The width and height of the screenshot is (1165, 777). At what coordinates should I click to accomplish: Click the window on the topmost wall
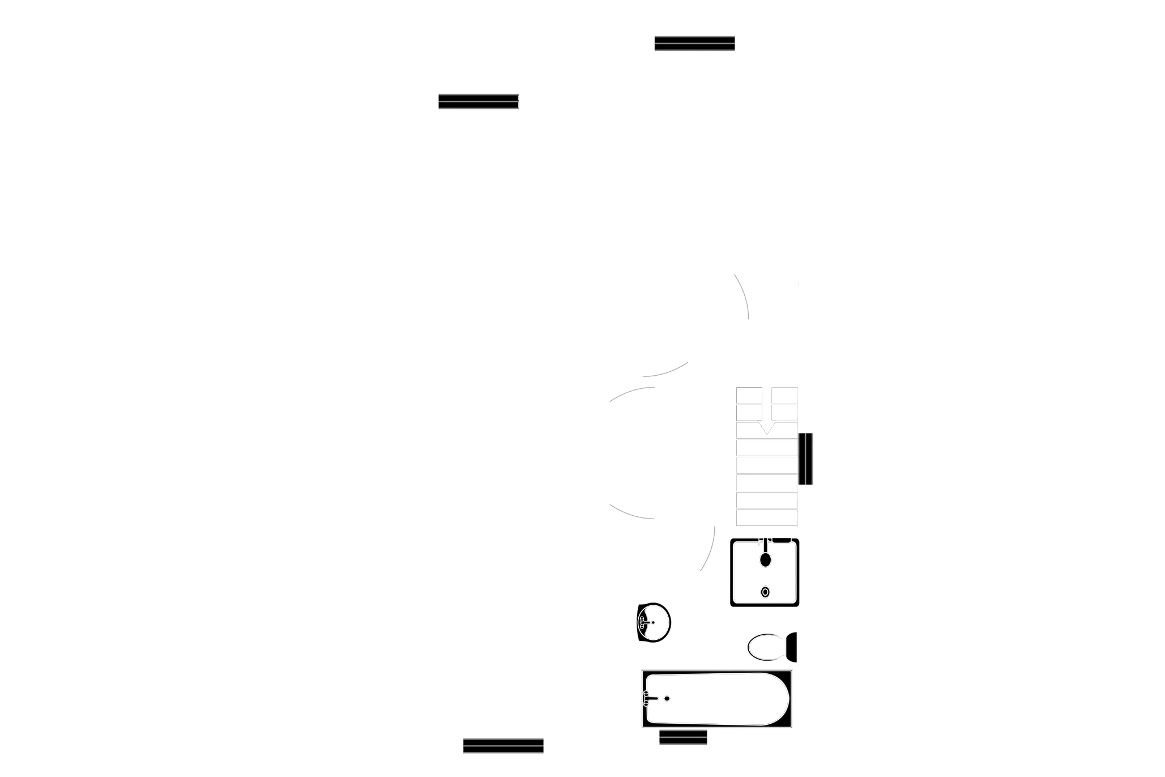(x=694, y=43)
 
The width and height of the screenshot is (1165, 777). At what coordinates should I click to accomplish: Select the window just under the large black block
(x=479, y=102)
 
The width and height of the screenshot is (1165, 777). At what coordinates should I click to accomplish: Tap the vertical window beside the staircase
(x=806, y=458)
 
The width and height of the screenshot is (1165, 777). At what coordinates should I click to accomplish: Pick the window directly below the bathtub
(x=683, y=738)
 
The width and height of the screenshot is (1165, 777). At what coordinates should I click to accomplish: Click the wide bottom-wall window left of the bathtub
(x=503, y=745)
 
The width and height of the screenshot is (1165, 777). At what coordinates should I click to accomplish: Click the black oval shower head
(x=765, y=560)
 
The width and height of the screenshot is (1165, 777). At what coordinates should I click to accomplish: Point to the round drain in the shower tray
(x=765, y=592)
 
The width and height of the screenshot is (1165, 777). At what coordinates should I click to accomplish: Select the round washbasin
(x=654, y=622)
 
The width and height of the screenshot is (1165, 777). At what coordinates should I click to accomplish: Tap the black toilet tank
(x=792, y=647)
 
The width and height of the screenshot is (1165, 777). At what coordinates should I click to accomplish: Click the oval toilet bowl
(x=766, y=647)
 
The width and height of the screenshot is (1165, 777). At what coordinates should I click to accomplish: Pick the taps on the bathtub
(x=647, y=698)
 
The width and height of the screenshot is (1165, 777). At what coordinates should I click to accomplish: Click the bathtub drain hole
(x=667, y=698)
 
